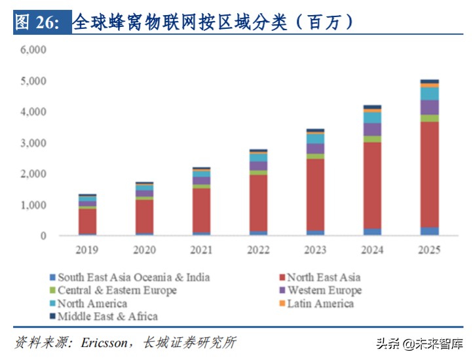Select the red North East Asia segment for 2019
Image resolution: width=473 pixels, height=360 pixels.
pos(87,221)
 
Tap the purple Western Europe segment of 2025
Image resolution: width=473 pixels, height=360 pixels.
pos(429,107)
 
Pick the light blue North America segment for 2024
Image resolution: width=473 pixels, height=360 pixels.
pos(372,117)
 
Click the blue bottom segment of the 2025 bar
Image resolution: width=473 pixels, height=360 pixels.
pos(429,231)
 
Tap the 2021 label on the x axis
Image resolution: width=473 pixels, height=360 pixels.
pos(201,250)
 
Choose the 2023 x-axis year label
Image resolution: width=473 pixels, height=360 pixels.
pos(315,250)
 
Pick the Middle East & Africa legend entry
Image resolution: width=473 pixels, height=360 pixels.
pos(107,316)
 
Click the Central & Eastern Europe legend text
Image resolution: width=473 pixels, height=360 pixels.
pos(117,290)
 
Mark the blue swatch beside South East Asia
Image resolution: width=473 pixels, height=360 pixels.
pos(52,278)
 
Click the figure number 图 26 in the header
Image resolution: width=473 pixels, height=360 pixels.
pos(37,22)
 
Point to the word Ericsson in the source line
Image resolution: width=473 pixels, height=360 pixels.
pos(107,342)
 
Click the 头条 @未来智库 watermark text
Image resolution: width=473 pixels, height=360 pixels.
pos(418,343)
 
